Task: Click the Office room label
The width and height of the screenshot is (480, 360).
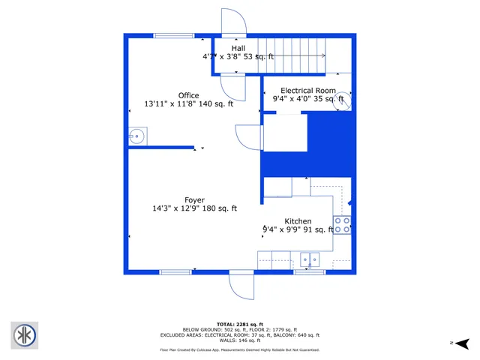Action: pos(188,95)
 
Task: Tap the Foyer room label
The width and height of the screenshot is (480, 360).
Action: pos(194,199)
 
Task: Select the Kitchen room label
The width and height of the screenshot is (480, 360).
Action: pos(298,221)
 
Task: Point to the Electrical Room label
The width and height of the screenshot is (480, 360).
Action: pos(307,90)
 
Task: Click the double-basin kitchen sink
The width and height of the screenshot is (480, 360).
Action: pos(309,260)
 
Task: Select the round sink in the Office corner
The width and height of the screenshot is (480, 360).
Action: pos(136,136)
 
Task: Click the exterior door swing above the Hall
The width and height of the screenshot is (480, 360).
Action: pos(233,21)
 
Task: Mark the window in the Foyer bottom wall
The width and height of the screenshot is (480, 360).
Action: pos(175,271)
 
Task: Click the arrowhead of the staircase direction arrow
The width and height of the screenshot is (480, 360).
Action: pos(323,55)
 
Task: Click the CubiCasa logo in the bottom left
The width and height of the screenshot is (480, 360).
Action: pos(25,334)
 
